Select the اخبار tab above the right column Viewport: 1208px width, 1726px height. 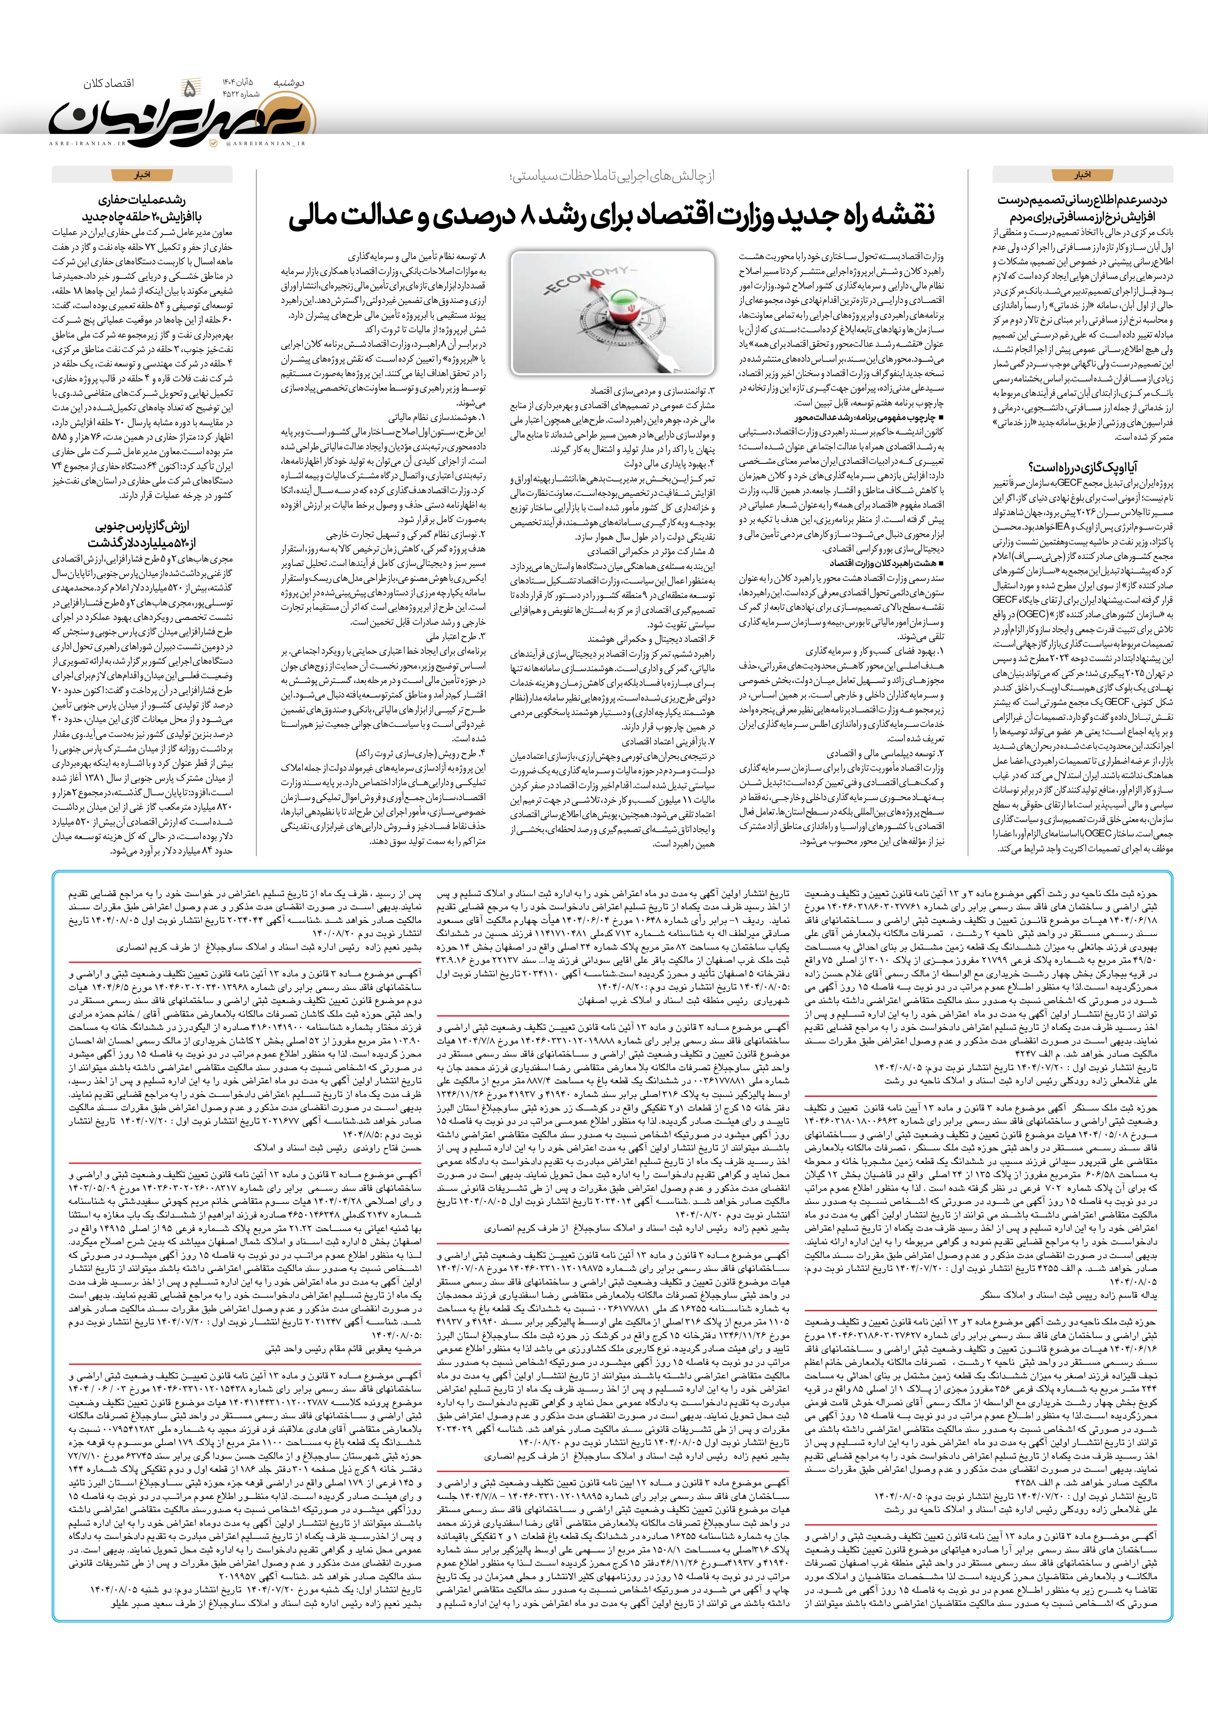[1083, 176]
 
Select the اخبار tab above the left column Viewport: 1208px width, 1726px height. [141, 176]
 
